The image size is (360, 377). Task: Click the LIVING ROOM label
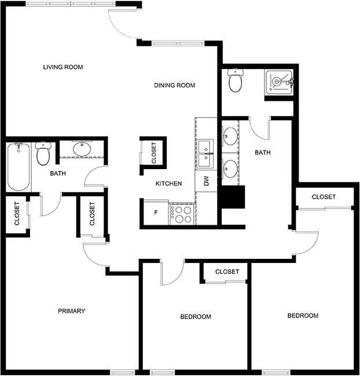click(x=63, y=67)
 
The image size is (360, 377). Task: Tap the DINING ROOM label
click(x=174, y=85)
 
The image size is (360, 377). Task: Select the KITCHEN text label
click(x=168, y=184)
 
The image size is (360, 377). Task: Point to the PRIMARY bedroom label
click(x=71, y=311)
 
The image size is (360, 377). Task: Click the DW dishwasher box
click(x=206, y=181)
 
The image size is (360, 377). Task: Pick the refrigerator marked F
click(x=156, y=213)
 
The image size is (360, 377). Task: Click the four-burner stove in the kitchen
click(x=182, y=214)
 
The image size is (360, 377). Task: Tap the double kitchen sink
click(x=205, y=154)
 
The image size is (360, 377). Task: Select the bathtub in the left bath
click(x=19, y=167)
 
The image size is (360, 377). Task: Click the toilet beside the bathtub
click(x=43, y=153)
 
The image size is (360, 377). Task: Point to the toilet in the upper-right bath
click(x=236, y=80)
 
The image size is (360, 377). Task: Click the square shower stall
click(x=279, y=82)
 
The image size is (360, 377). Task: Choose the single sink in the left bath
click(x=82, y=149)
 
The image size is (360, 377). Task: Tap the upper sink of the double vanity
click(x=230, y=136)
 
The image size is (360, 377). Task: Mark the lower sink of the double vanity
click(x=230, y=169)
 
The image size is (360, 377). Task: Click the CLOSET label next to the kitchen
click(x=154, y=153)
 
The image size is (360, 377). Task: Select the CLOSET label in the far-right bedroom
click(x=324, y=197)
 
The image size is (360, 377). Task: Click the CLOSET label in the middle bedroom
click(x=227, y=272)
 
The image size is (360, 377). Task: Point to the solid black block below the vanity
click(x=233, y=197)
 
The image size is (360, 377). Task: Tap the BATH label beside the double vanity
click(x=263, y=152)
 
